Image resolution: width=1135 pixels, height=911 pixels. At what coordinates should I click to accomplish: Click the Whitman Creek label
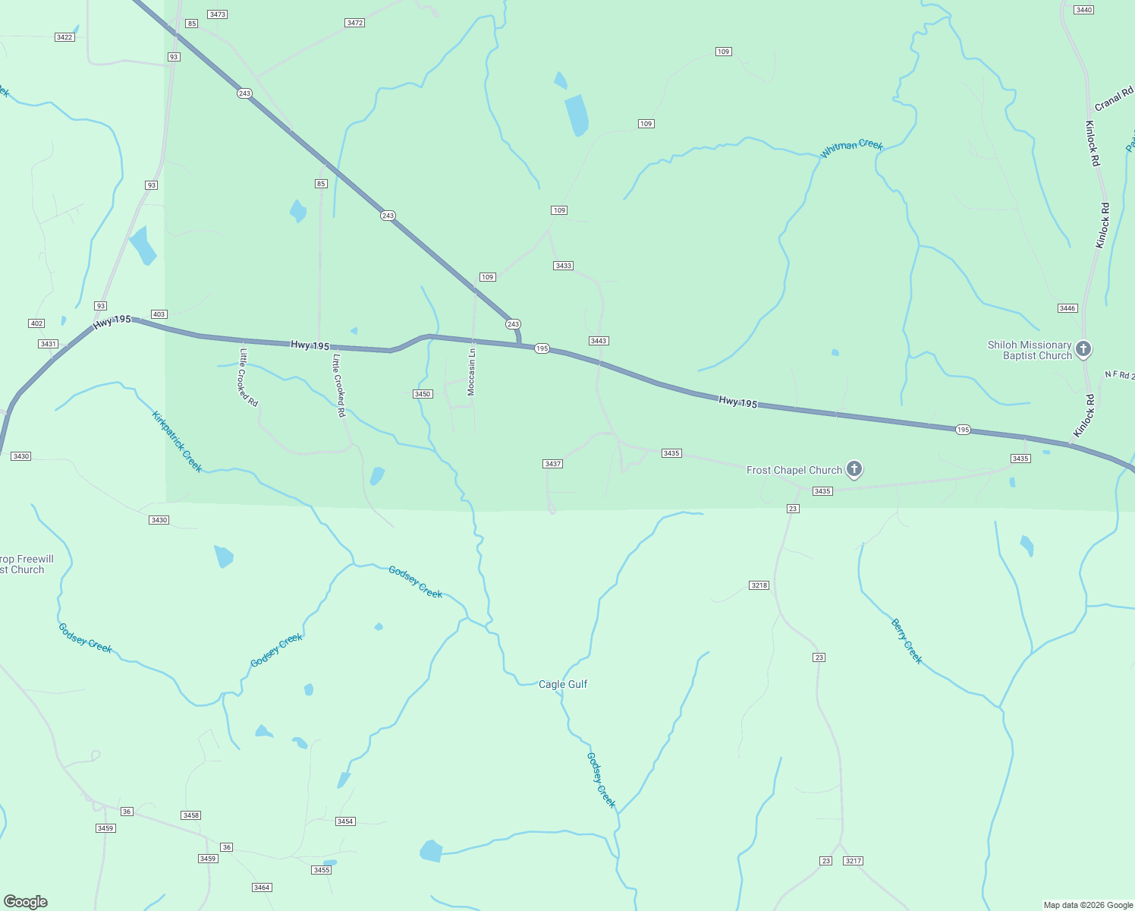click(851, 148)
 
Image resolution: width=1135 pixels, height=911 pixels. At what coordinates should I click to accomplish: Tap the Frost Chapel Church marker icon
click(854, 469)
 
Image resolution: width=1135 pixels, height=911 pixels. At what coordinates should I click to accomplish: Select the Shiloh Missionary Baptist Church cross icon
click(1083, 348)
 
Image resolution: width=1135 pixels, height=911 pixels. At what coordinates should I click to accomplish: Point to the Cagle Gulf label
click(563, 684)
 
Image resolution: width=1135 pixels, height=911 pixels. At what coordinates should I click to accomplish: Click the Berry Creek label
click(907, 641)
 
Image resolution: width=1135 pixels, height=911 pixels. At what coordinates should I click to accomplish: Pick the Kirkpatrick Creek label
click(177, 441)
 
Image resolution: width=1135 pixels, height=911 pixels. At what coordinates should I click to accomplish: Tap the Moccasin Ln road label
click(472, 371)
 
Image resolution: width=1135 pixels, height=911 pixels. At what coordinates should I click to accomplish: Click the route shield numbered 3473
click(218, 14)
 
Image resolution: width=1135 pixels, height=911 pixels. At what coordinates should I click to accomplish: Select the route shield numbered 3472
click(354, 23)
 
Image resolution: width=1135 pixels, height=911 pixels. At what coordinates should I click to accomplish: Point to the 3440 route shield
click(1084, 10)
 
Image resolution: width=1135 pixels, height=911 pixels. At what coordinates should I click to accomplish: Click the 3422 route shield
click(64, 37)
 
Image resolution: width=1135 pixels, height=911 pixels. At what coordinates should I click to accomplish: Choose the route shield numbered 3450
click(423, 394)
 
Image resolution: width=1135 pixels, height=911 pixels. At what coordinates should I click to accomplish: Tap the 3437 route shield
click(553, 464)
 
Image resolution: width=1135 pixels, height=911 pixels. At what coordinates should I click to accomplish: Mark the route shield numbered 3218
click(759, 585)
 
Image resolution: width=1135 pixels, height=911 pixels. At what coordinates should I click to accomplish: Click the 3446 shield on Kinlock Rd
click(1067, 308)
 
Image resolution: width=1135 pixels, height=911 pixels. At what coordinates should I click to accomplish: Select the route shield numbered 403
click(159, 314)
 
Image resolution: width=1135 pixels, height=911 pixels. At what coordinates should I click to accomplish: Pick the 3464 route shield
click(262, 887)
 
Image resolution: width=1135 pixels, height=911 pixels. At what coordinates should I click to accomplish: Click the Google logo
click(26, 902)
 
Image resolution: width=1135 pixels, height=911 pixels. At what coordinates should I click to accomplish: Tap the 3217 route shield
click(854, 861)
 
